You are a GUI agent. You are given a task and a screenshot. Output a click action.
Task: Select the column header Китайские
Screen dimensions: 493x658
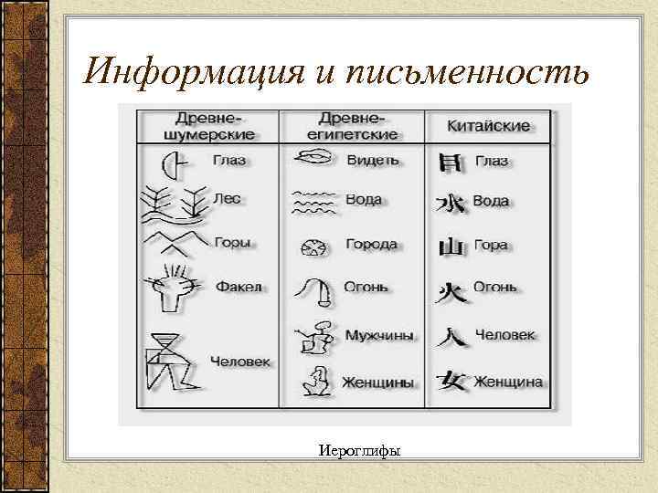tap(490, 125)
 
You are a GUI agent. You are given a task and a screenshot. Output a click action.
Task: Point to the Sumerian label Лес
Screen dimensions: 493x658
tap(227, 196)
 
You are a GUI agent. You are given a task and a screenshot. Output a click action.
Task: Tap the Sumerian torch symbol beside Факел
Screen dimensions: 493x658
tap(172, 286)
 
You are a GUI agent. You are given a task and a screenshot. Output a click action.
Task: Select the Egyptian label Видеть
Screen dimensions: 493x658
tap(373, 160)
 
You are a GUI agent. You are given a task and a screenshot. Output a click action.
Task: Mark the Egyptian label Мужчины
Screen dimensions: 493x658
tap(378, 335)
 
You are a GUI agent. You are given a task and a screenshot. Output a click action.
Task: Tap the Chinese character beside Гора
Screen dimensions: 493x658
tap(451, 246)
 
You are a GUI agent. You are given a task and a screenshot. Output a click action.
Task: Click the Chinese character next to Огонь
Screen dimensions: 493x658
tap(451, 290)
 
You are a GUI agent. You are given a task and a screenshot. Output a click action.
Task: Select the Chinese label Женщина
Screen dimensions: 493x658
tap(507, 381)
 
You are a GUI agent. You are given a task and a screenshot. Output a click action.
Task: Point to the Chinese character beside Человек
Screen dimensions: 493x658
tap(451, 335)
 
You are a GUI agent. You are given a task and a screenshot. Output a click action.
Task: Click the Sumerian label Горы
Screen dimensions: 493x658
tap(232, 243)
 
